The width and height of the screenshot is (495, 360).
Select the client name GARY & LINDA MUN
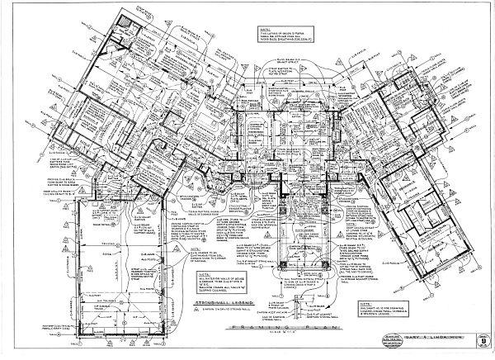click(x=435, y=338)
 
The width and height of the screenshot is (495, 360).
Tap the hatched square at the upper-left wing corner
click(x=125, y=20)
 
